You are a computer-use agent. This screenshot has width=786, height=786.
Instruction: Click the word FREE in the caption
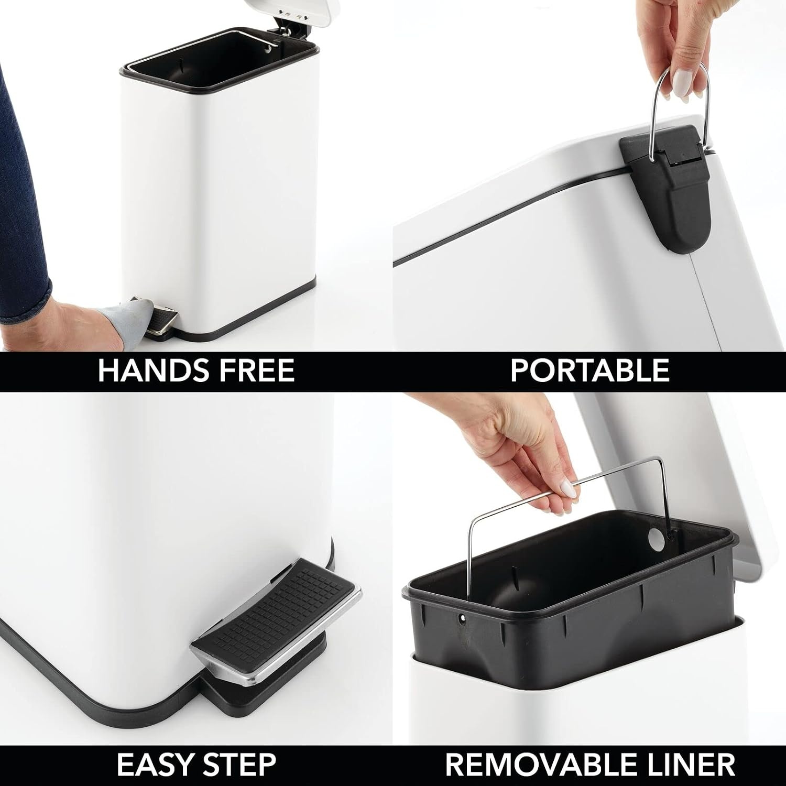[259, 370]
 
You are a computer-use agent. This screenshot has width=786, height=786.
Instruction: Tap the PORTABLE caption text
[589, 370]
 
